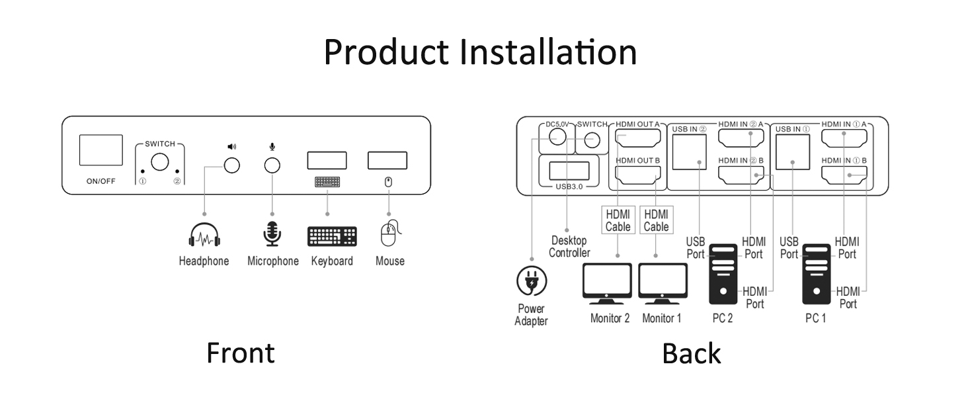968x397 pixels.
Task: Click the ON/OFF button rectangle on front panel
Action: pyautogui.click(x=101, y=150)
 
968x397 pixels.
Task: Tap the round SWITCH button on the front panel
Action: pyautogui.click(x=159, y=161)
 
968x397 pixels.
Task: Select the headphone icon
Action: pyautogui.click(x=204, y=236)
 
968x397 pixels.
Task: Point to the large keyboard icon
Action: pyautogui.click(x=332, y=236)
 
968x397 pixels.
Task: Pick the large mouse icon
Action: pyautogui.click(x=390, y=234)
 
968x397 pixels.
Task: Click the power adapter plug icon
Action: pyautogui.click(x=532, y=281)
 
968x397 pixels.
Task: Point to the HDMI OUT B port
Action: pyautogui.click(x=638, y=176)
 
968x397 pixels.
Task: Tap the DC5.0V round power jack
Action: pyautogui.click(x=556, y=137)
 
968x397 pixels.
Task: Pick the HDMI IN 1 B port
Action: pyautogui.click(x=844, y=175)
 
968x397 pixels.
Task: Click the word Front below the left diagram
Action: pyautogui.click(x=240, y=353)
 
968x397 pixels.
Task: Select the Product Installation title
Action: pyautogui.click(x=481, y=52)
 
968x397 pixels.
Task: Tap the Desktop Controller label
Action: pyautogui.click(x=569, y=247)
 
